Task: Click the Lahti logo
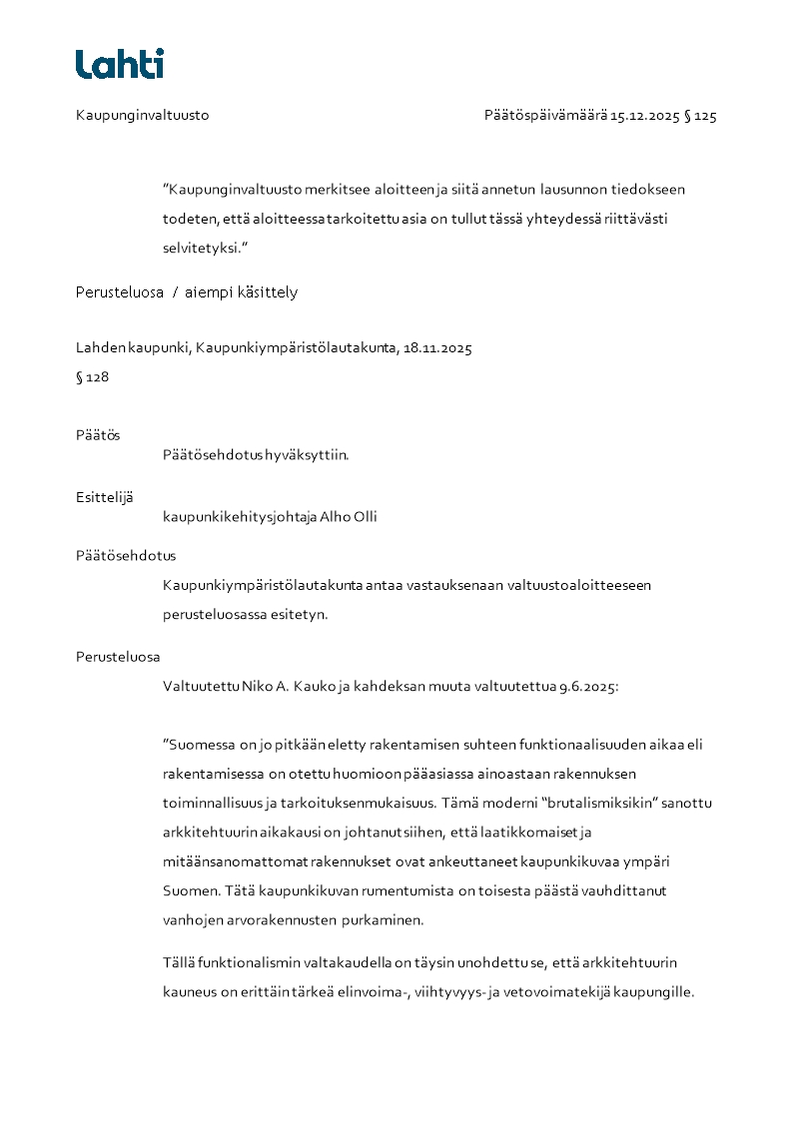pyautogui.click(x=120, y=64)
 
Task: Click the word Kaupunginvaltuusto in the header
pyautogui.click(x=143, y=116)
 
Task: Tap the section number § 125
pyautogui.click(x=700, y=116)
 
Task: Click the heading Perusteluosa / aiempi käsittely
pyautogui.click(x=187, y=292)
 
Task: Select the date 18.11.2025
pyautogui.click(x=437, y=348)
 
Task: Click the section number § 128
pyautogui.click(x=93, y=377)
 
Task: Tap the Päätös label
pyautogui.click(x=98, y=435)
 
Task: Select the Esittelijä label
pyautogui.click(x=105, y=497)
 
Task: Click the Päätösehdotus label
pyautogui.click(x=126, y=556)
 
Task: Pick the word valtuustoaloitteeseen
pyautogui.click(x=578, y=585)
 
